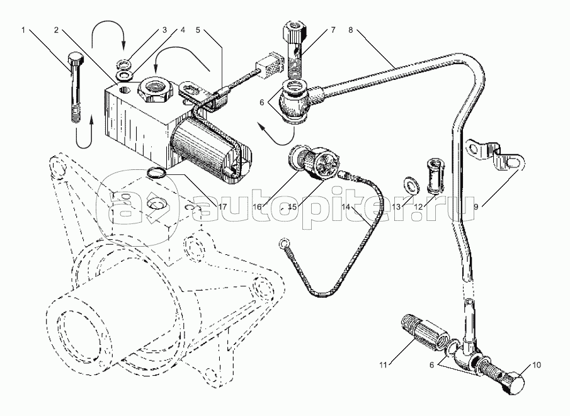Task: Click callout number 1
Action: [x=23, y=30]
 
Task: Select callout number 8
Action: [x=350, y=30]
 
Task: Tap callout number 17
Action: [x=222, y=206]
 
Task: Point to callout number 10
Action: [x=537, y=365]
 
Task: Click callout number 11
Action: [x=383, y=365]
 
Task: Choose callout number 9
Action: [x=476, y=206]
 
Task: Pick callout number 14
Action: [x=346, y=206]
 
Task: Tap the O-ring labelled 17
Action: [x=157, y=172]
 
